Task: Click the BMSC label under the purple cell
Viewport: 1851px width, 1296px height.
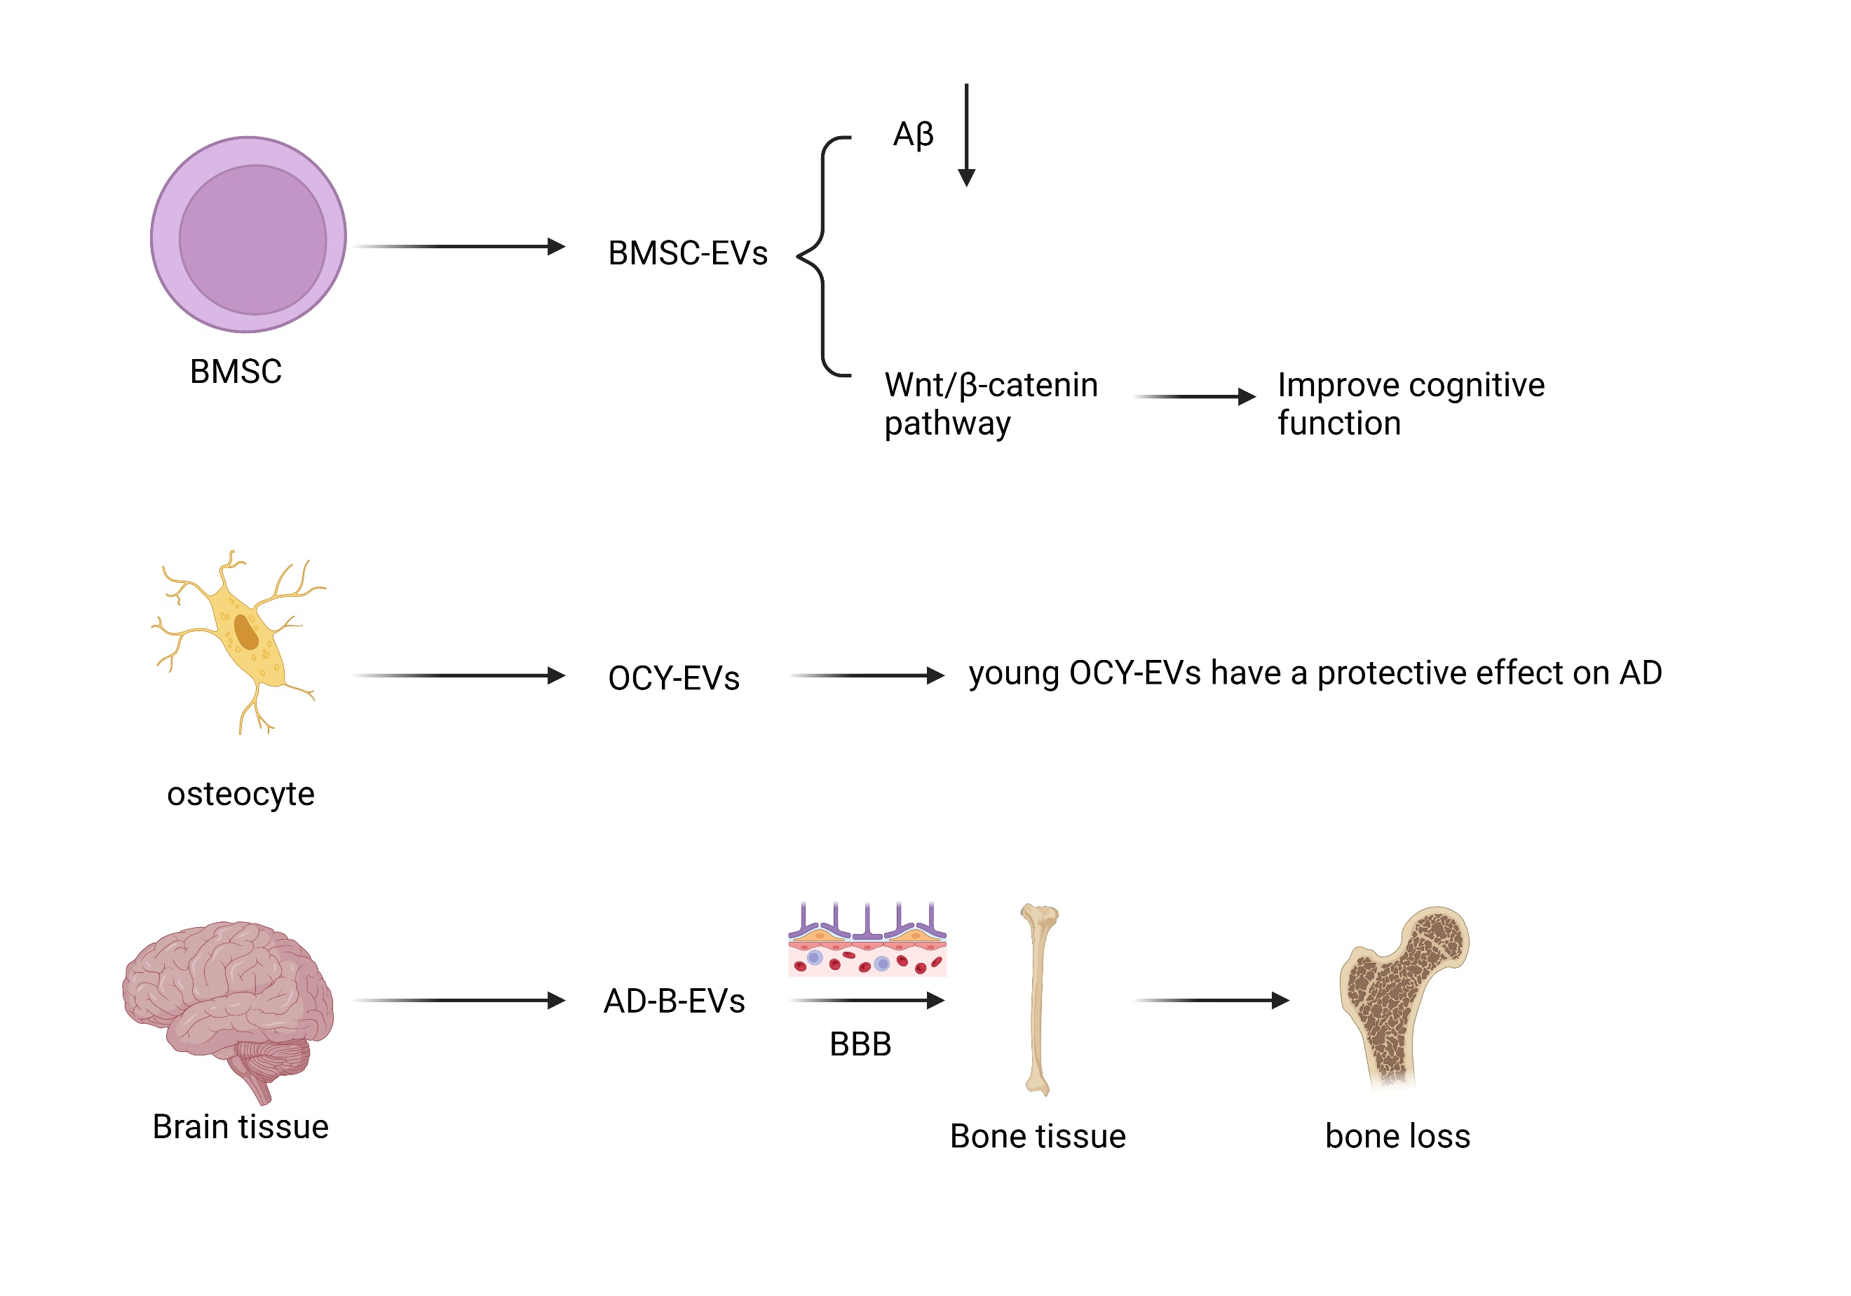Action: pos(236,372)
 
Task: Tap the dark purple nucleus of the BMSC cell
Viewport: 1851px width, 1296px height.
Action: pos(252,240)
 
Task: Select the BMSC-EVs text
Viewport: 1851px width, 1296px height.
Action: pos(688,253)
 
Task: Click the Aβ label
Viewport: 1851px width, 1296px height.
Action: pos(913,134)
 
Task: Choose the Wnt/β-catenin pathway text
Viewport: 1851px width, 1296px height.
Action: pos(990,403)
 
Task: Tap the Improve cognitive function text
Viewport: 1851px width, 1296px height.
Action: pos(1410,403)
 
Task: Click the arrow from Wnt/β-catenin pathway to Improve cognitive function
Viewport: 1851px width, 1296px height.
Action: pos(1195,397)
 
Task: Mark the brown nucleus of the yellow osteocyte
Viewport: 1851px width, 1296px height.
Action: pos(246,633)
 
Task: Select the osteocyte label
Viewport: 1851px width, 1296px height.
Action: pos(240,795)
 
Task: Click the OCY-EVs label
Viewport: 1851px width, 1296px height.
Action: pos(673,678)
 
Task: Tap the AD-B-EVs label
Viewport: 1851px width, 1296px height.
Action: pos(674,1001)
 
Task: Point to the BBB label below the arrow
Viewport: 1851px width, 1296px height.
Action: pos(860,1044)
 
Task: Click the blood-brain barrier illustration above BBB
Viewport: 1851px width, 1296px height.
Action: pos(867,941)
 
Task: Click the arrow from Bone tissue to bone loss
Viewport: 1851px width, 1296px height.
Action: pos(1212,1001)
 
